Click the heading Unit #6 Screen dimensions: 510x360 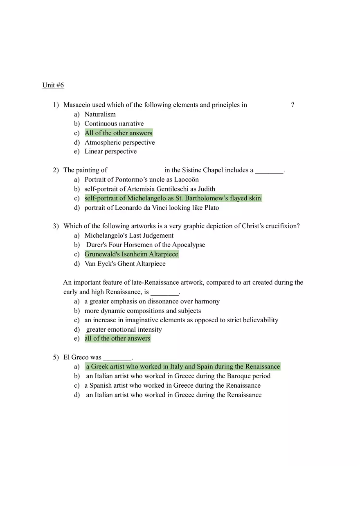pos(53,85)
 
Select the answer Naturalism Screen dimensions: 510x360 pos(100,114)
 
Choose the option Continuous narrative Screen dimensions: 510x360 pos(114,124)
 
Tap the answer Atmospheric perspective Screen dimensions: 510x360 pos(119,142)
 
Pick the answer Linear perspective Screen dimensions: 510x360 pos(110,151)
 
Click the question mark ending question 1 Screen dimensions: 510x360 pos(292,105)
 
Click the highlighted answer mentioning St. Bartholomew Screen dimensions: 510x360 pos(173,198)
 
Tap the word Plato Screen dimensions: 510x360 pos(211,208)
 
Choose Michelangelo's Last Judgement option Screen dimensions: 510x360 pos(129,236)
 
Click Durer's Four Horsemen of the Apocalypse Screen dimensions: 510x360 pos(145,245)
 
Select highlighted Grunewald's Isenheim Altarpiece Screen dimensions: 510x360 pos(131,254)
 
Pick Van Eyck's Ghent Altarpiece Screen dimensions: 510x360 pos(125,264)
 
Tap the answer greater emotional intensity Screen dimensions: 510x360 pos(124,330)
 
